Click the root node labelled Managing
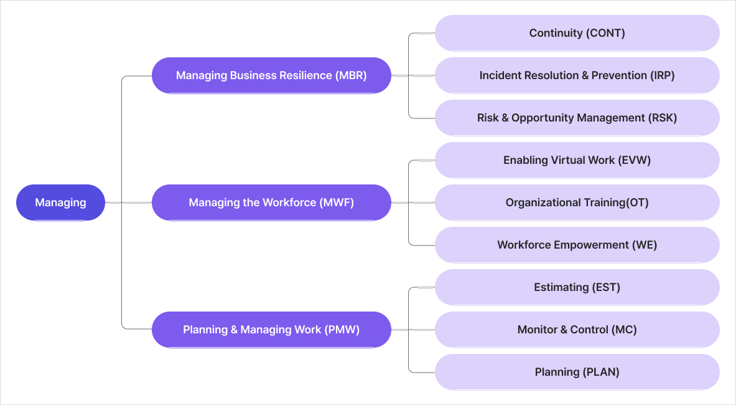(60, 202)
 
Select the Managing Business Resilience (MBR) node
(271, 75)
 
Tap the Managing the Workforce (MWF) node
(271, 202)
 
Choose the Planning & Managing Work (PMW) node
(271, 330)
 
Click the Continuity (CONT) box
(577, 33)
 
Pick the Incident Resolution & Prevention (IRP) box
(577, 75)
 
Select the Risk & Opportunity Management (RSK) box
(577, 118)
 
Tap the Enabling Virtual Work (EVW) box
(577, 160)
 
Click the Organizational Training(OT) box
(577, 202)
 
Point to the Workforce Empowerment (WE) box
(577, 245)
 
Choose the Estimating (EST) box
(577, 287)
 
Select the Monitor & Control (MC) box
(577, 330)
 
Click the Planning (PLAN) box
(577, 372)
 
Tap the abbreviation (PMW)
(342, 330)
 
